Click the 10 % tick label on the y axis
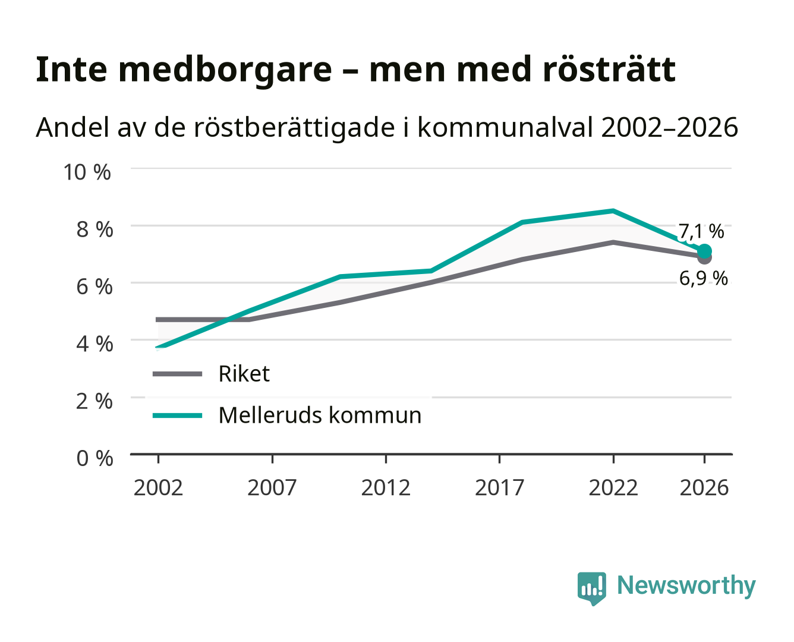click(87, 172)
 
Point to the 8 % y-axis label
click(94, 229)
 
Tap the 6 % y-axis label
click(94, 287)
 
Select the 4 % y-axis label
click(94, 344)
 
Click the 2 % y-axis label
click(94, 401)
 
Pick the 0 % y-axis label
click(94, 458)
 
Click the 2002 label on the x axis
click(158, 487)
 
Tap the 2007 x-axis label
click(272, 487)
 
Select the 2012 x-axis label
click(386, 487)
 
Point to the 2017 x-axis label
click(499, 487)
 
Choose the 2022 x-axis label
click(613, 487)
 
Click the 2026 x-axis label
click(704, 487)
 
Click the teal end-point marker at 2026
click(704, 251)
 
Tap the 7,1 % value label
click(701, 231)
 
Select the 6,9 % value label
click(703, 279)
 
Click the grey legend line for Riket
click(178, 373)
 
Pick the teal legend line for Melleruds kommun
click(178, 416)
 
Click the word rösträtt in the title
click(609, 70)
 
